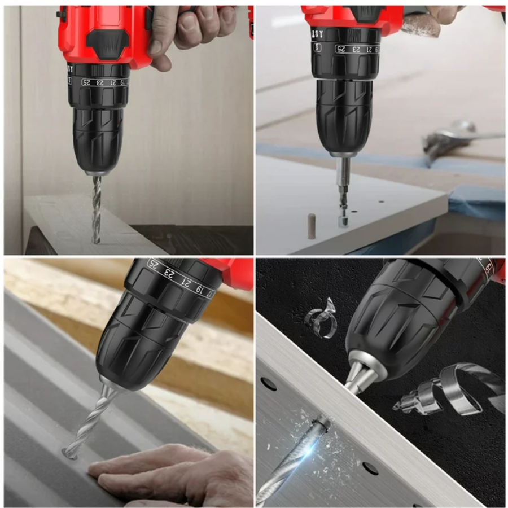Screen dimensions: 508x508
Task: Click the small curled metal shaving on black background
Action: pyautogui.click(x=321, y=318)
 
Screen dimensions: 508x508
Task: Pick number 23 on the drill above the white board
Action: pyautogui.click(x=357, y=49)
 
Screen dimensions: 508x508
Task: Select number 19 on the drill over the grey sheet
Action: pyautogui.click(x=199, y=288)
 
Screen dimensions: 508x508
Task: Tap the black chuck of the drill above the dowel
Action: pyautogui.click(x=344, y=116)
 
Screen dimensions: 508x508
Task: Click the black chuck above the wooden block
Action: pyautogui.click(x=98, y=139)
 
